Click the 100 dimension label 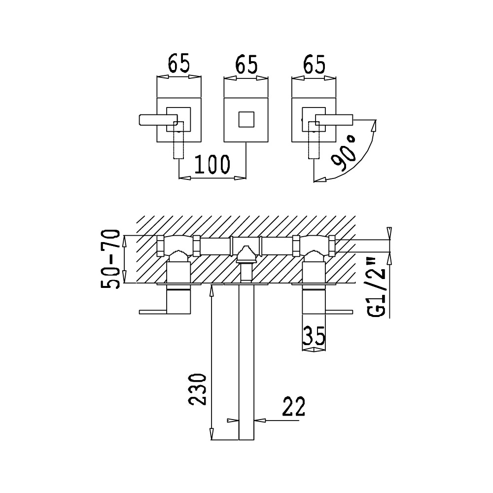point(212,164)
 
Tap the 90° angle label point(344,153)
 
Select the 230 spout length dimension point(198,389)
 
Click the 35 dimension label point(314,336)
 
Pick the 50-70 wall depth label point(110,259)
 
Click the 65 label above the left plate point(178,64)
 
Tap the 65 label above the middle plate point(246,64)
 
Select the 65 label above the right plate point(314,65)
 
